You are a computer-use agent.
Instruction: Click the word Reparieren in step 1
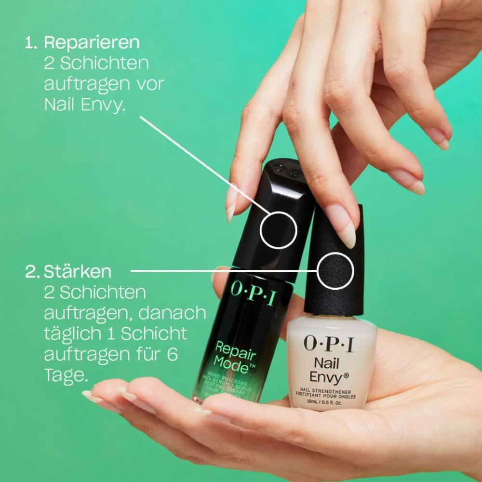pos(92,42)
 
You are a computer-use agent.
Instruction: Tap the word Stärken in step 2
pos(78,271)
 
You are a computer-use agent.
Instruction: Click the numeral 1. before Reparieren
pos(31,42)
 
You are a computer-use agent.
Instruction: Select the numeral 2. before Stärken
pos(32,271)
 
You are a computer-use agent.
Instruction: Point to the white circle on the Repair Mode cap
pos(278,230)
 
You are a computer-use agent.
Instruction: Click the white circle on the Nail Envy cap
pos(335,271)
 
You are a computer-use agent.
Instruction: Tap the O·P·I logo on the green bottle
pos(254,292)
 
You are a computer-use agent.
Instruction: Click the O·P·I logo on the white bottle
pos(328,344)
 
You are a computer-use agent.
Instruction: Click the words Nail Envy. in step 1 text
pos(85,104)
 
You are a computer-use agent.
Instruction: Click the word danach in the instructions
pos(172,313)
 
